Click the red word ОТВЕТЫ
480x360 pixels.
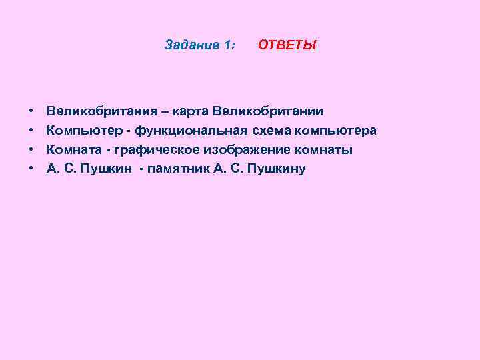coord(287,45)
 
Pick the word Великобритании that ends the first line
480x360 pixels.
coord(273,111)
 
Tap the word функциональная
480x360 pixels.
coord(190,130)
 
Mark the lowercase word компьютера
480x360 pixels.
coord(334,130)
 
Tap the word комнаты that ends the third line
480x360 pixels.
coord(323,149)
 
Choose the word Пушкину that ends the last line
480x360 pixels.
coord(276,169)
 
